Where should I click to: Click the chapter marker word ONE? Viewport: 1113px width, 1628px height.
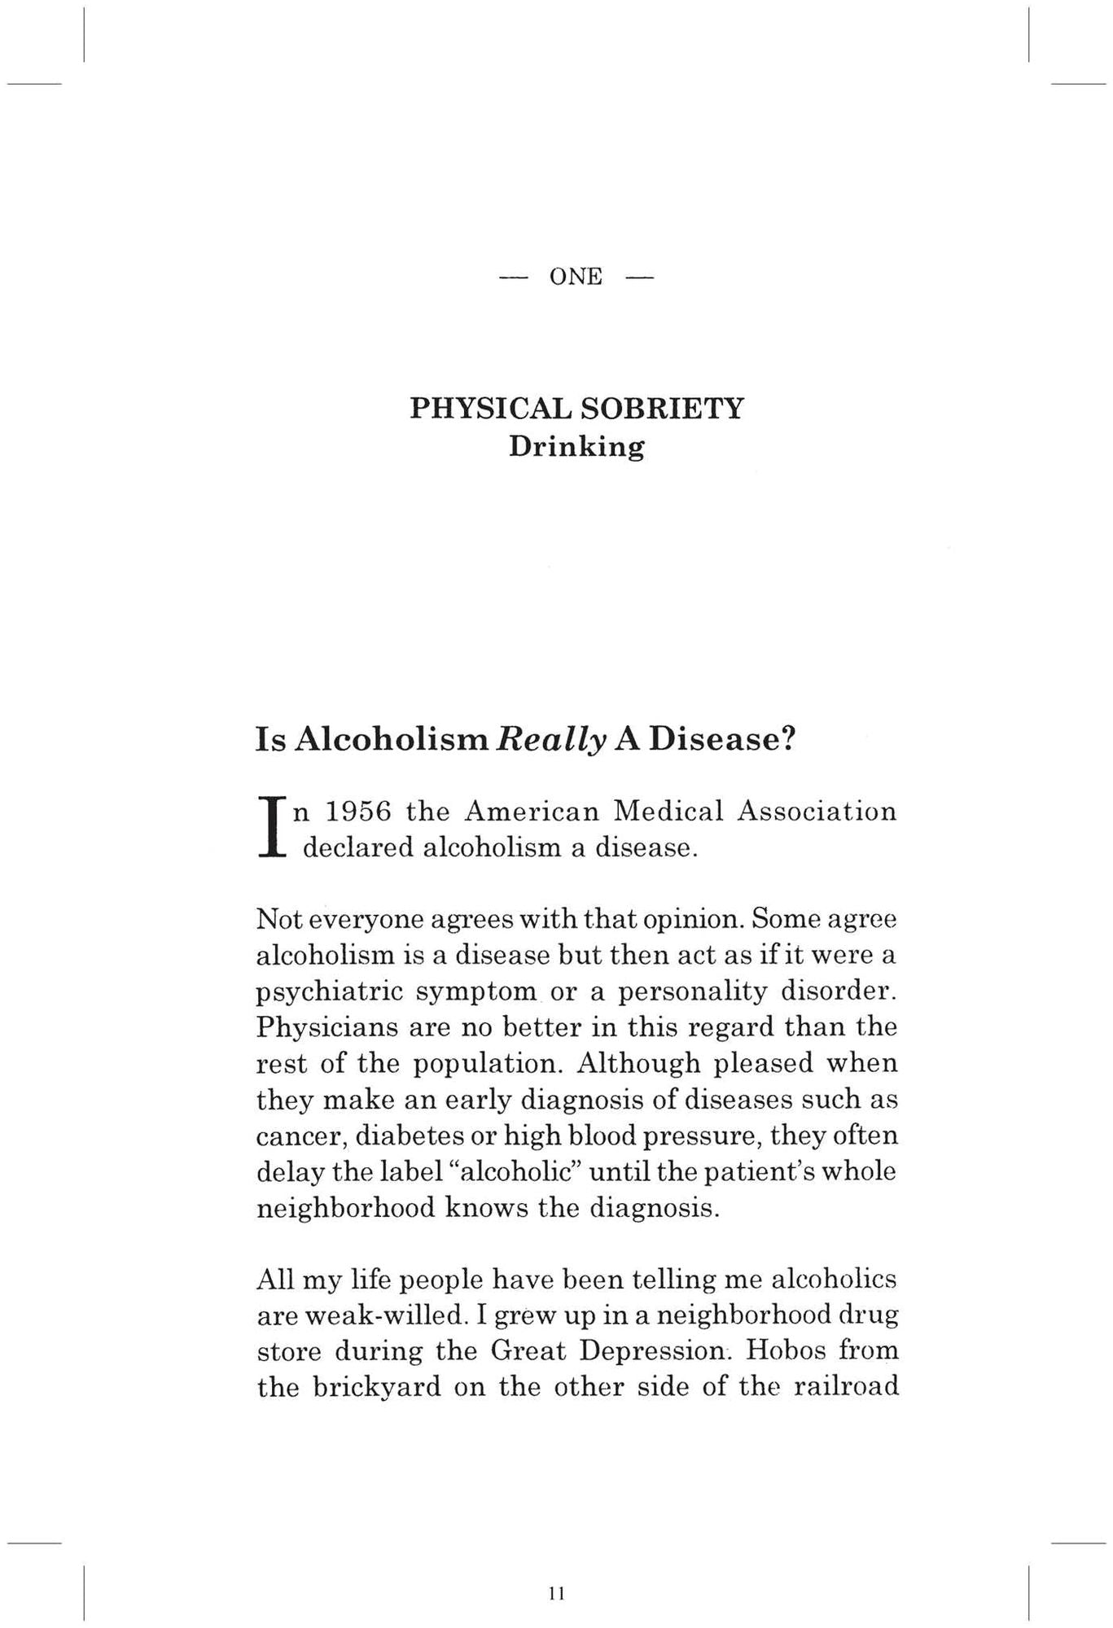[x=576, y=278]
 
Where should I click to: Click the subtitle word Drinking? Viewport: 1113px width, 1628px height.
[x=576, y=448]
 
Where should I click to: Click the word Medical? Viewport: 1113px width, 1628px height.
[x=668, y=812]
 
